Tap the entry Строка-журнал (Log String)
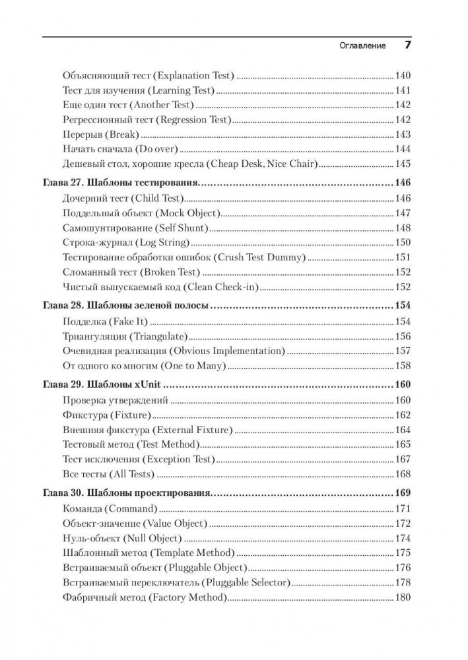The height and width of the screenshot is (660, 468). coord(123,243)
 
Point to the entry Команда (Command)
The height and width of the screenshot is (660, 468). coord(109,508)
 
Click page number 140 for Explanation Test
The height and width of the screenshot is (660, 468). coord(403,75)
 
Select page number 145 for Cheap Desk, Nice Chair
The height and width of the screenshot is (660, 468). coord(403,164)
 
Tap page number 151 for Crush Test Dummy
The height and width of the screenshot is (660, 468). coord(403,258)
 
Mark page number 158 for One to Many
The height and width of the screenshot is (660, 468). coord(403,365)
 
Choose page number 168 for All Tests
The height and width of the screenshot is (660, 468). coord(403,474)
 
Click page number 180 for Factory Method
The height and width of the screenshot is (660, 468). coord(403,597)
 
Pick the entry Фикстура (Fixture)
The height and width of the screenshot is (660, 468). coord(106,415)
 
